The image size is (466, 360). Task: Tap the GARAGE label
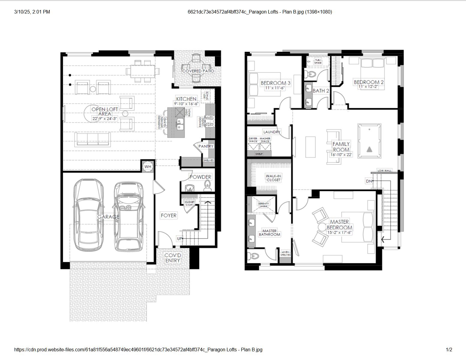coord(108,217)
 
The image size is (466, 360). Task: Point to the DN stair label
coord(369,181)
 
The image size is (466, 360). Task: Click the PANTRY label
coord(206,146)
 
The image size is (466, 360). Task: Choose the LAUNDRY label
coord(272,132)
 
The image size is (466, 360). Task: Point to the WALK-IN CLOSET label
coord(273,178)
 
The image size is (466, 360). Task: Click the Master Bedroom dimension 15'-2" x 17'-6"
coord(340,232)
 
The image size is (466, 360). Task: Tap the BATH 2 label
coord(321,91)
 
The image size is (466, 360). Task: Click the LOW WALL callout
coord(385,170)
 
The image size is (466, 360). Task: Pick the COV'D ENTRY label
coord(173,258)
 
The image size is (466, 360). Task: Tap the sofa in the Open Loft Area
coord(92,139)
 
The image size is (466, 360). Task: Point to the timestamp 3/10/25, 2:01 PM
coord(32,12)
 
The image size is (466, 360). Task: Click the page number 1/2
coord(449,349)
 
